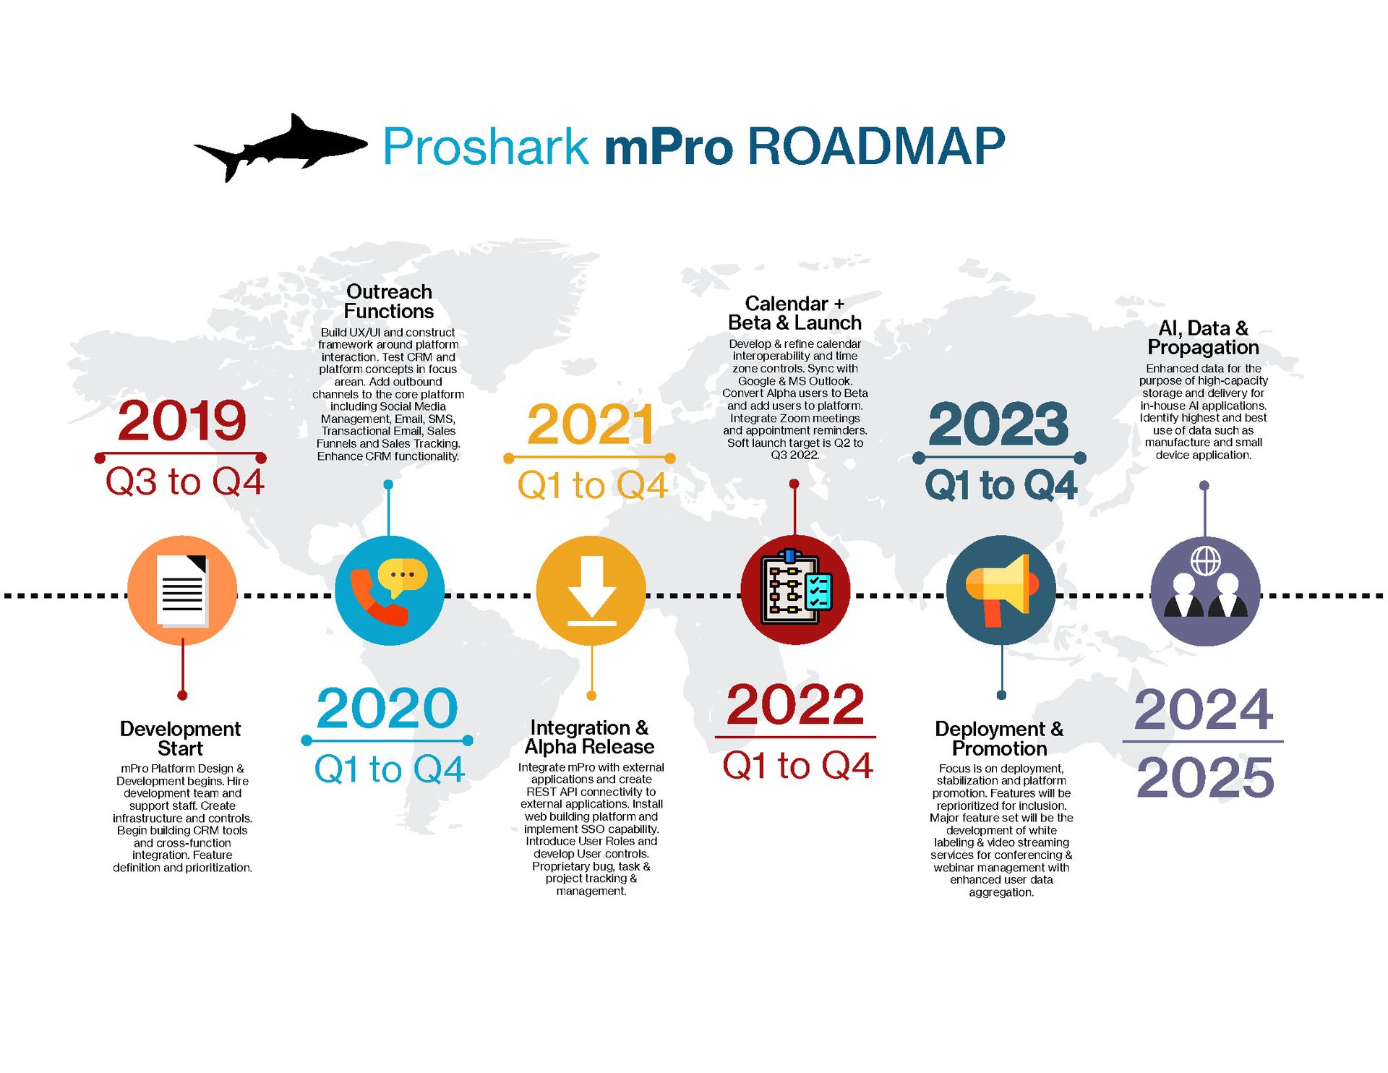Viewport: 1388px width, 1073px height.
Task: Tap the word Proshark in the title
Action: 485,147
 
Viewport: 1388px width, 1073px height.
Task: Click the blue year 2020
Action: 387,708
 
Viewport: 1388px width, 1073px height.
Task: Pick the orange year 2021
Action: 591,424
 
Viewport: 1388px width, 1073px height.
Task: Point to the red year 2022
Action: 795,704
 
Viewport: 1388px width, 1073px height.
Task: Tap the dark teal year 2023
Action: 998,424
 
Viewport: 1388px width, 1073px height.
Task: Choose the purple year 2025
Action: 1204,777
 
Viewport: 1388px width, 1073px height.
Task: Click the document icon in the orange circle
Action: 182,591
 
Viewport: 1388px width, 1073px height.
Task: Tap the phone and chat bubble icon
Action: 389,591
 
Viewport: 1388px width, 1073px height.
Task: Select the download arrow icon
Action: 591,591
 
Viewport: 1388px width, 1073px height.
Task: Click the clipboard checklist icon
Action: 795,589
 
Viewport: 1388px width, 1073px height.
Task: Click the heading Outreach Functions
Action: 389,302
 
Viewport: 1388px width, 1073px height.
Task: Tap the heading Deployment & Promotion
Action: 999,738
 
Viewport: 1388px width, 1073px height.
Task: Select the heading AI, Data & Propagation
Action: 1203,338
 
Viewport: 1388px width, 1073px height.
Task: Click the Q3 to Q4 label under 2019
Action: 184,482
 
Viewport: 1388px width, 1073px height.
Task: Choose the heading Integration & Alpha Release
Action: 590,737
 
